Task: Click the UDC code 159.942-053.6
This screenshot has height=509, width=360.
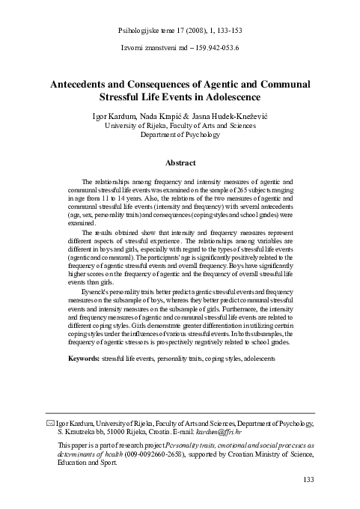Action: [213, 48]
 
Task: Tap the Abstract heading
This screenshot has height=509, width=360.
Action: [180, 162]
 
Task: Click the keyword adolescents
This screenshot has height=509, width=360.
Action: [257, 359]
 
